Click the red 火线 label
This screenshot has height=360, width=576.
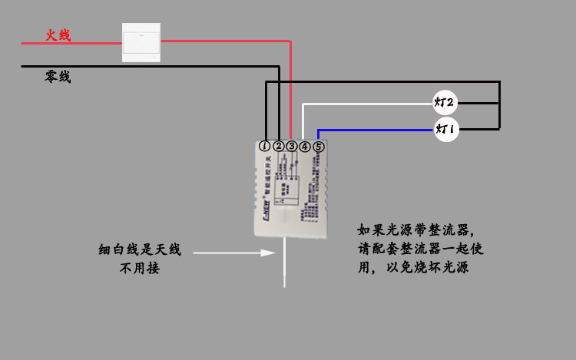58,35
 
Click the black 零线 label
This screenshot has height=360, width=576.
58,77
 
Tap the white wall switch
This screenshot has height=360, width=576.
141,42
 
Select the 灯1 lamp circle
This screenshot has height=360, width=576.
445,130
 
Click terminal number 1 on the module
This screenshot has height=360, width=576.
265,146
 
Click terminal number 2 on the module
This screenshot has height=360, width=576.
279,146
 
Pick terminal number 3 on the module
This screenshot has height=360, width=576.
292,146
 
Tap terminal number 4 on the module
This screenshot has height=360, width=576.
305,146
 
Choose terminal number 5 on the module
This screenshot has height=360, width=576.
319,146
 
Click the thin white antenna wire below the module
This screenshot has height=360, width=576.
284,265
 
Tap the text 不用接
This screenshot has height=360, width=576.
140,269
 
